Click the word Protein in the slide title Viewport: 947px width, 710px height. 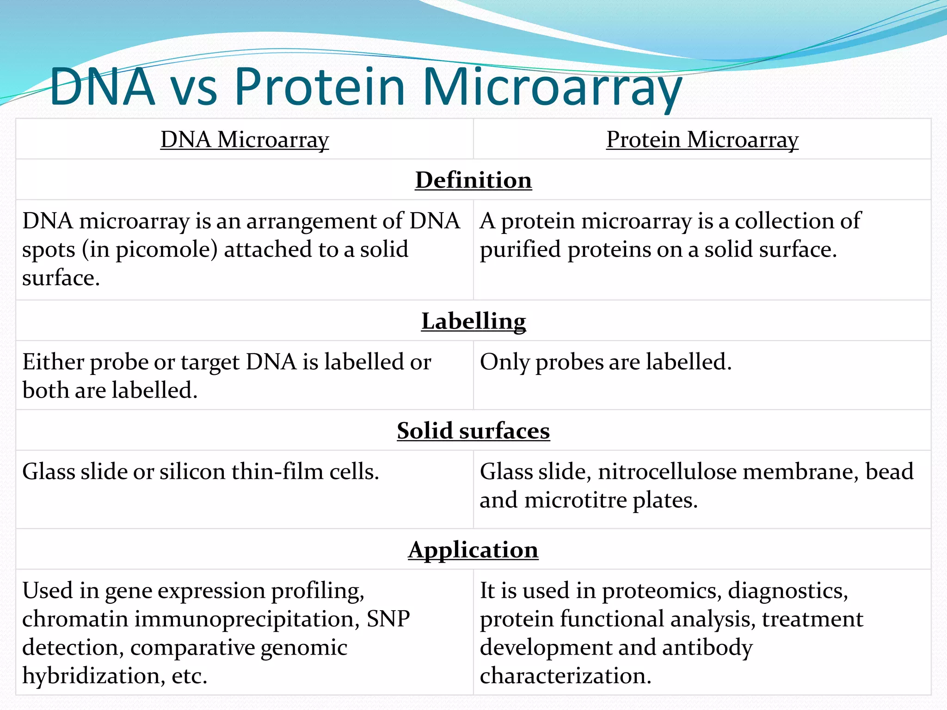[320, 87]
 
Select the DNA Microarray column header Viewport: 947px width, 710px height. [244, 139]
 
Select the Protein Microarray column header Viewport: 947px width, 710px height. [702, 139]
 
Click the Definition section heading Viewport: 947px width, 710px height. [473, 180]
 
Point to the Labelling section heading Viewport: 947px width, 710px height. [473, 321]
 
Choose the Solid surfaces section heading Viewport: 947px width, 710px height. [473, 431]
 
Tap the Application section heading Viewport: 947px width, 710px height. [473, 550]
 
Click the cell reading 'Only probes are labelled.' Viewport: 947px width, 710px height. [606, 362]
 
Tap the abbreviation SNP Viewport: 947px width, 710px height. [388, 619]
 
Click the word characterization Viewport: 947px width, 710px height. [565, 676]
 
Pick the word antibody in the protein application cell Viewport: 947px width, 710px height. [707, 648]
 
